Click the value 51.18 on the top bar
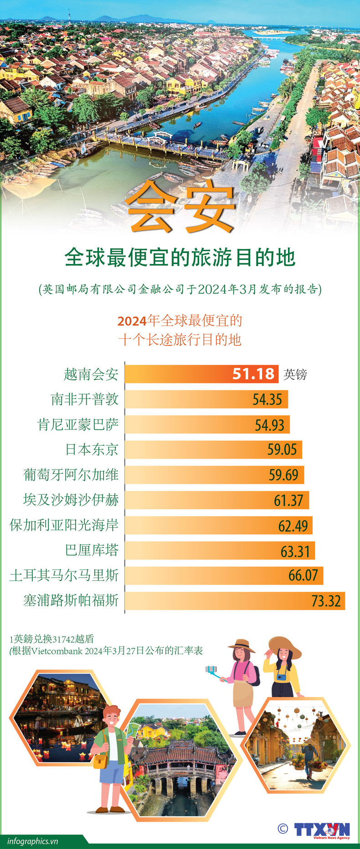253,374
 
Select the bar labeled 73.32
235,601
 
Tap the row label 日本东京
92,450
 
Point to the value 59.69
283,475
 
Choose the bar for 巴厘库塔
220,550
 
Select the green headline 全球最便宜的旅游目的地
180,258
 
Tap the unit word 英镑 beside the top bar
295,374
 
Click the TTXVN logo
322,829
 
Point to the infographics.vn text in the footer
33,841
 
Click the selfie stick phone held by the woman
210,669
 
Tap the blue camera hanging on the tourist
282,676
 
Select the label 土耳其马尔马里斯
64,575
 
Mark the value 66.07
303,575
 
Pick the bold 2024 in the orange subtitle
132,321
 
